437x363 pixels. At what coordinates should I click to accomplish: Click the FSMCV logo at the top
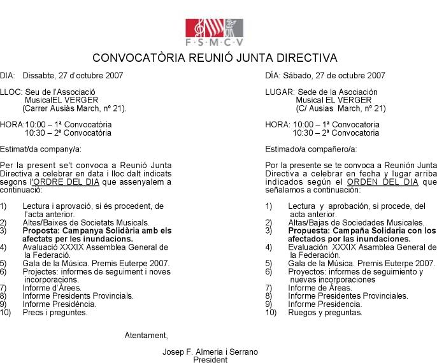coord(214,32)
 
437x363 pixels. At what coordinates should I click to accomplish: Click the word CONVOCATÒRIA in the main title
coord(132,58)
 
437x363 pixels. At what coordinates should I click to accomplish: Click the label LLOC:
coord(10,92)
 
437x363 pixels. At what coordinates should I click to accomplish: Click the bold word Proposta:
coord(40,231)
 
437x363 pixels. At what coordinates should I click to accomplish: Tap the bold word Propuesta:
coord(308,231)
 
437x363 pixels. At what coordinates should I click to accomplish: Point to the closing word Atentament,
coord(146,335)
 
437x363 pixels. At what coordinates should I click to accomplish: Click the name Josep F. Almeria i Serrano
coord(210,352)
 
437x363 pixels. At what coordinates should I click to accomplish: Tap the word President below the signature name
coord(210,359)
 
